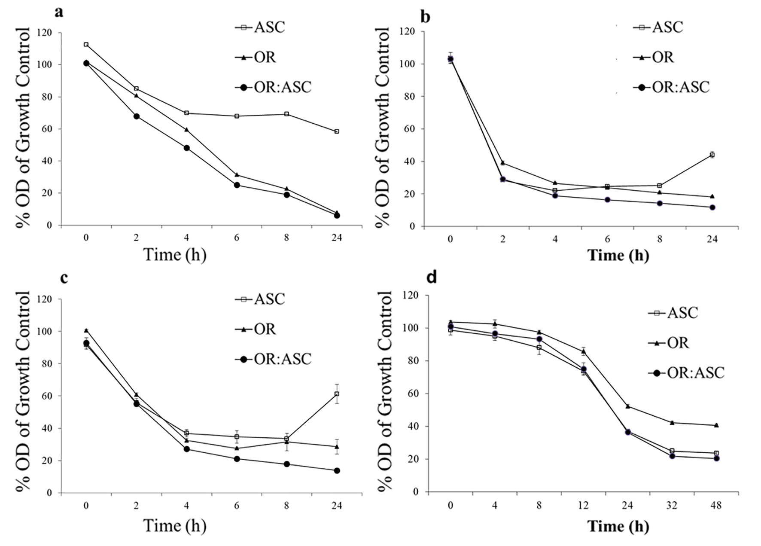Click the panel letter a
coord(59,12)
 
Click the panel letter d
coord(431,278)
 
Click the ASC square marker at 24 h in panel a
coord(337,131)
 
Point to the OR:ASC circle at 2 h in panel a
coord(137,116)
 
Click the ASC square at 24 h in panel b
coord(712,155)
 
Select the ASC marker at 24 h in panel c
coord(337,394)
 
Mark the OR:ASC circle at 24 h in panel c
coord(337,470)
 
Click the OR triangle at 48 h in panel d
coord(716,425)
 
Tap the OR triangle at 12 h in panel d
coord(583,351)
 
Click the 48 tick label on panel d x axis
coord(716,506)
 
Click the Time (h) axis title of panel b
coord(618,255)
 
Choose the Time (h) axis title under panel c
coord(174,525)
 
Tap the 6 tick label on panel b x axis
coord(607,239)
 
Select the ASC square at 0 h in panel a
coord(86,45)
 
